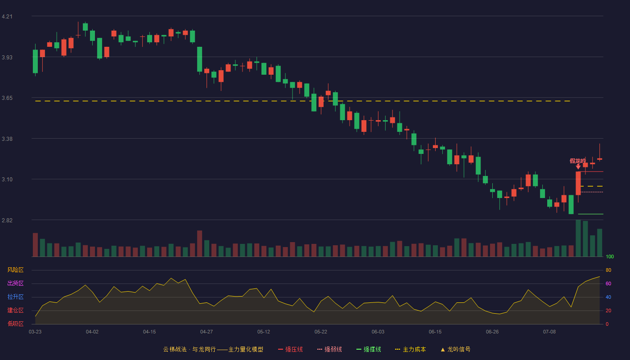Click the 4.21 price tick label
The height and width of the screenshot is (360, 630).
[x=7, y=17]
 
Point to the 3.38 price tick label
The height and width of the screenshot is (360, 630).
[x=7, y=139]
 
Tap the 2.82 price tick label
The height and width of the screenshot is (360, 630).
[x=7, y=220]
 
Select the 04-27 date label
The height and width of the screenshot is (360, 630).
[x=207, y=332]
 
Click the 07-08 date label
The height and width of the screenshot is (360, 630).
[x=549, y=332]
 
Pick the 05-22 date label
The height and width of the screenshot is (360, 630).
[x=320, y=332]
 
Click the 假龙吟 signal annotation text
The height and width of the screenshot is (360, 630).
[x=578, y=161]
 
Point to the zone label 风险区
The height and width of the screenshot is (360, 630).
[x=15, y=270]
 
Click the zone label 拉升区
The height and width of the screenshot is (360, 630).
[x=15, y=297]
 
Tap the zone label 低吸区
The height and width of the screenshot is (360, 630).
[x=15, y=324]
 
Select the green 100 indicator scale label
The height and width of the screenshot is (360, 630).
[x=610, y=256]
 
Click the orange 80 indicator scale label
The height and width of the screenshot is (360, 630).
[x=608, y=270]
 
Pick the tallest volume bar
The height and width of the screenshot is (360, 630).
[x=578, y=238]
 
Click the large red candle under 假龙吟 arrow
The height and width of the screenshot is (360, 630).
[x=578, y=183]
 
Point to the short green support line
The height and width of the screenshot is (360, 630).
[x=590, y=214]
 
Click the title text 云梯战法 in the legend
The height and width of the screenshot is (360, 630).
[x=175, y=349]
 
